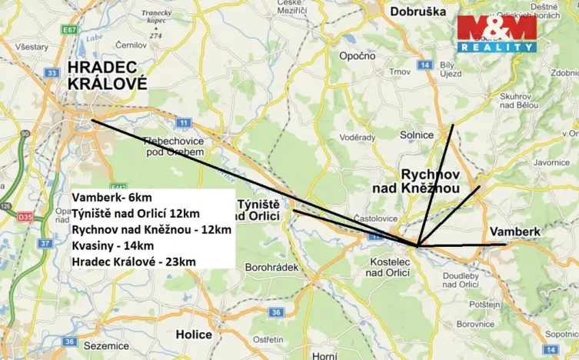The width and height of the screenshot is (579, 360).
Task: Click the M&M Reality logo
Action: click(496, 33)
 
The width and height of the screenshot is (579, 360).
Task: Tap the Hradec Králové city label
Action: click(107, 75)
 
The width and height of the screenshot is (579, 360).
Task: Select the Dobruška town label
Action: click(418, 12)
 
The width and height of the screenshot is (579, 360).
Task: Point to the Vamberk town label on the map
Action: click(515, 231)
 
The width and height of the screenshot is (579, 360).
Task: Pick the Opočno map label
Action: click(358, 56)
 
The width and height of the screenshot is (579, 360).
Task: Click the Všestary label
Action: click(32, 47)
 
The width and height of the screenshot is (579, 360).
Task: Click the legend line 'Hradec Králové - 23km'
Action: click(133, 262)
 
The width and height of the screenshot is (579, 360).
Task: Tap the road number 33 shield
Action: click(52, 73)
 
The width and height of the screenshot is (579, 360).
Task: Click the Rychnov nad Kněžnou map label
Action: click(431, 181)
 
